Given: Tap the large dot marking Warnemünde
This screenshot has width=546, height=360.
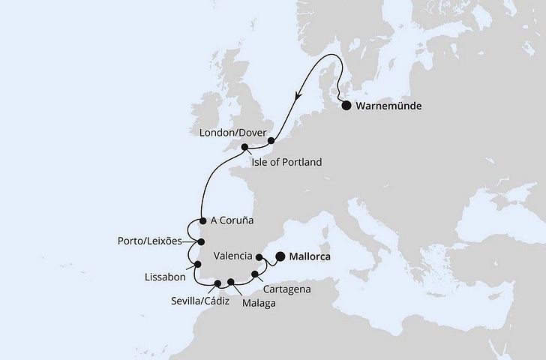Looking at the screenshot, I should [346, 106].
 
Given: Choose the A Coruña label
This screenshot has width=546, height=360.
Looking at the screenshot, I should [232, 221].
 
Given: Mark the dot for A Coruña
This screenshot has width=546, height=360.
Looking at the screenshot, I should [203, 221].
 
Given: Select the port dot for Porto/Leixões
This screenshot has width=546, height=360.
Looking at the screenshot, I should [200, 242].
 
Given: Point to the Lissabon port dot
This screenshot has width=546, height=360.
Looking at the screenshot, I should [197, 264].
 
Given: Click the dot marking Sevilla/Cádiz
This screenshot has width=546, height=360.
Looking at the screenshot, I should [217, 283].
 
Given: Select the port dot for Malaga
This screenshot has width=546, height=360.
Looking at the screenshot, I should [231, 283].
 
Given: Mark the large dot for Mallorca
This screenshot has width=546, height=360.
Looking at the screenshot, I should [280, 256].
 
